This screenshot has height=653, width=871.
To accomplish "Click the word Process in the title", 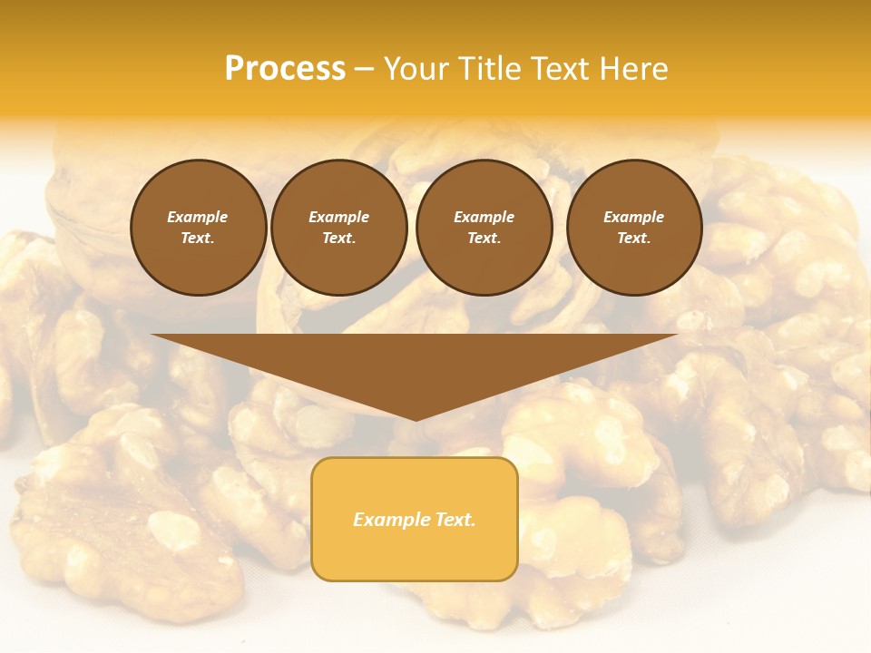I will (x=285, y=69).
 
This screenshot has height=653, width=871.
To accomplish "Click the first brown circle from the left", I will (x=199, y=228).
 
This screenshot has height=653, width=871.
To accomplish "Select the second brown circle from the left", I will (x=339, y=228).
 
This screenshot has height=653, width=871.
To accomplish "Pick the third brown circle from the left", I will (x=484, y=228).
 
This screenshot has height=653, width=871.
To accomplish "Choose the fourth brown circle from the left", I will (x=634, y=228).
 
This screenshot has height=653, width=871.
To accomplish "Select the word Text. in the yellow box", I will (x=454, y=520).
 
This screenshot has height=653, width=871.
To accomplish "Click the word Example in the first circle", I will (x=198, y=217).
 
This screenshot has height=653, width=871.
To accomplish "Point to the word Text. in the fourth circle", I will (x=634, y=239).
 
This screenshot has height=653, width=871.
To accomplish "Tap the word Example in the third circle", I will (x=484, y=217).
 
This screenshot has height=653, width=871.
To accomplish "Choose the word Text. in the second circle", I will (x=339, y=239).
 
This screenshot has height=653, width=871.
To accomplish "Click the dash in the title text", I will (x=365, y=70).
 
